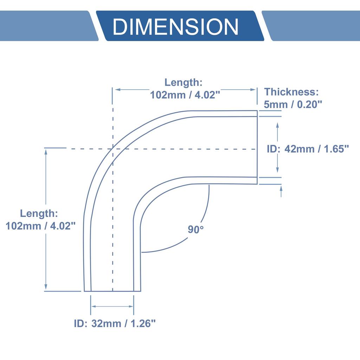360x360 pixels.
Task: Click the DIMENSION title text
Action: click(175, 27)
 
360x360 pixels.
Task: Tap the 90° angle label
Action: click(195, 230)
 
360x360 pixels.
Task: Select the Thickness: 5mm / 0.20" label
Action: click(291, 98)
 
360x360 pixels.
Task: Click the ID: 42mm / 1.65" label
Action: click(308, 149)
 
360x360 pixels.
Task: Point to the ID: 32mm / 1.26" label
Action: click(115, 323)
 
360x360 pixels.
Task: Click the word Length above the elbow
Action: click(183, 83)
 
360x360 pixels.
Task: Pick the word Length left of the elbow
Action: click(39, 213)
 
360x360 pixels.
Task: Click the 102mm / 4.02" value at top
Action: click(185, 95)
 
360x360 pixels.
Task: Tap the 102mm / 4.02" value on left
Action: click(41, 226)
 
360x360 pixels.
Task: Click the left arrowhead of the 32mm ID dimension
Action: click(94, 307)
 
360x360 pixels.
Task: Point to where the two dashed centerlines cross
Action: click(112, 149)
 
